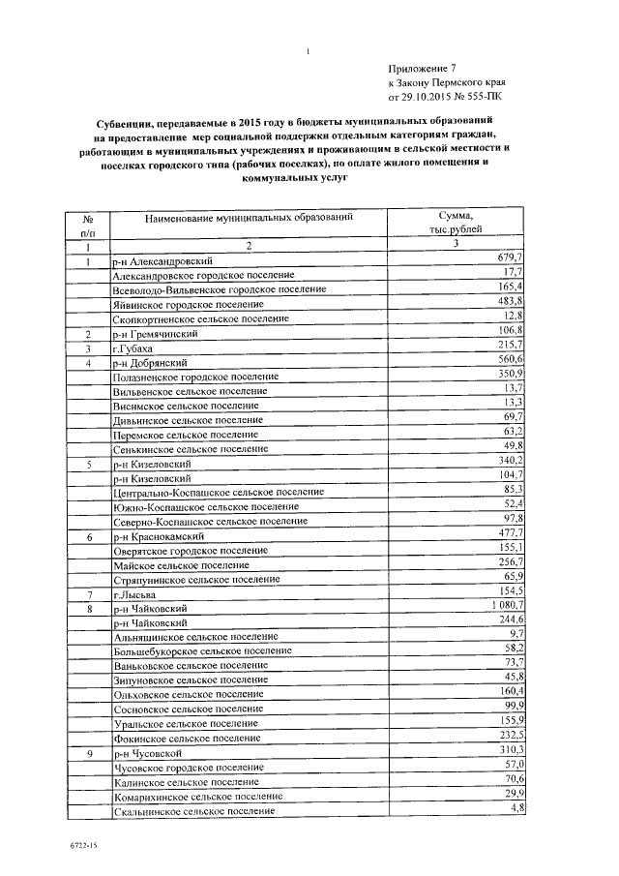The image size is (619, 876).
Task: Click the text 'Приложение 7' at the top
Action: (x=421, y=69)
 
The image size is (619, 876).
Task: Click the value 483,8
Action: (x=509, y=302)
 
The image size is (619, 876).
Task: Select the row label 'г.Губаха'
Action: (x=133, y=347)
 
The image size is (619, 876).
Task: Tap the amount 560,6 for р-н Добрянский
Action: (x=509, y=360)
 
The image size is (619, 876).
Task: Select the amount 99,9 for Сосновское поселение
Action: (x=510, y=708)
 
